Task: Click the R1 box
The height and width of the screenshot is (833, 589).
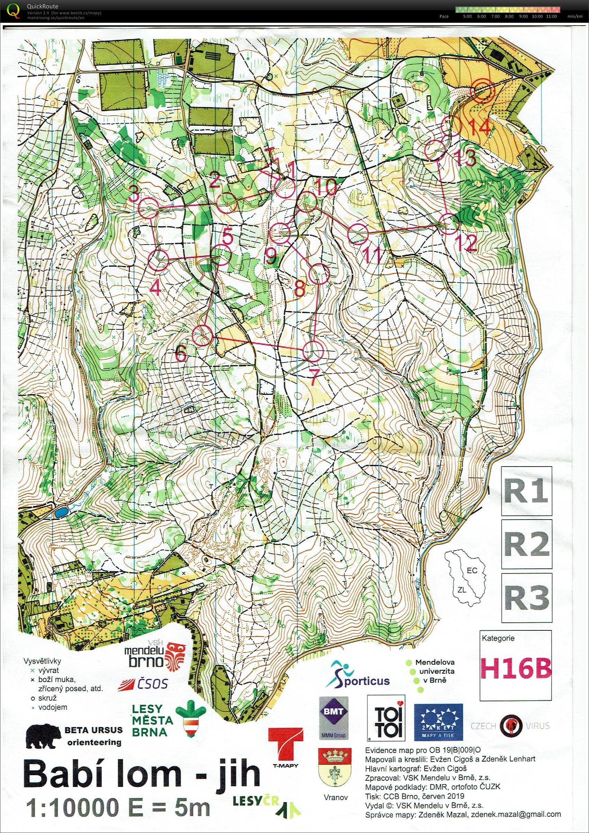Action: click(526, 491)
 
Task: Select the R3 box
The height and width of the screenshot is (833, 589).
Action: click(526, 597)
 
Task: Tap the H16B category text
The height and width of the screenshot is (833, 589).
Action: click(515, 669)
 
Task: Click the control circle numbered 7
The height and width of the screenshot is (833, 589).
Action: click(312, 351)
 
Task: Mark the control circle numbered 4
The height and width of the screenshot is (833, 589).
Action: click(158, 260)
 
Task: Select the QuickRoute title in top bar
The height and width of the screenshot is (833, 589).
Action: click(42, 6)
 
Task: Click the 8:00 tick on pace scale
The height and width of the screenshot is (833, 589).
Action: click(509, 16)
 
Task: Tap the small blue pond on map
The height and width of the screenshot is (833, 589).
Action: click(61, 513)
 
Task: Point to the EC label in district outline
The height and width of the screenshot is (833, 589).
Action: click(472, 570)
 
